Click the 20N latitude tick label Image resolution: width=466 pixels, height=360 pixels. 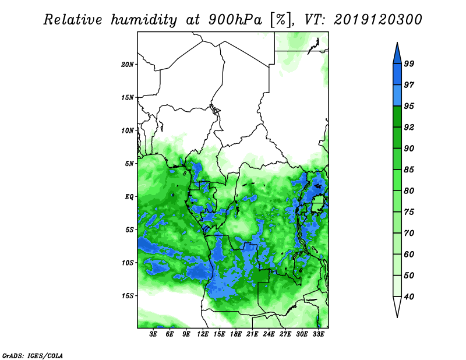[x=127, y=64]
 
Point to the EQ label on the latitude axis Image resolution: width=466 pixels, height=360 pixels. [x=129, y=197]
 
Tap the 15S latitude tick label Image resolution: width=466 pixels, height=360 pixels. [x=127, y=296]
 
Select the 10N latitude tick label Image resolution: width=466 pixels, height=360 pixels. [x=127, y=130]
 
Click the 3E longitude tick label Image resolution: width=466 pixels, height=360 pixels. [x=153, y=334]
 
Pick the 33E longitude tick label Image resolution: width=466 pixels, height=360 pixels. [x=318, y=334]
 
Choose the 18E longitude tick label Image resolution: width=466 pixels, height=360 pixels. [x=236, y=334]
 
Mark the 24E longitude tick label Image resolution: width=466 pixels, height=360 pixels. [x=269, y=334]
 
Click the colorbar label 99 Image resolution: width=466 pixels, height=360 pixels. [x=409, y=63]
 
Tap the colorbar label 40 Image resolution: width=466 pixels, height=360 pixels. [x=409, y=297]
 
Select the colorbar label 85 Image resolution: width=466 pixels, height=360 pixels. [x=409, y=170]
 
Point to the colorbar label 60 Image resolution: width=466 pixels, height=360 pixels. [x=409, y=254]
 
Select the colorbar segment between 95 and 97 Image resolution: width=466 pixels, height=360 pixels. [x=397, y=96]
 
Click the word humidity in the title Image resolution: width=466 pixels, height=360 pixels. [x=144, y=20]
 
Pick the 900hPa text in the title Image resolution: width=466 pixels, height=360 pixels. [x=235, y=20]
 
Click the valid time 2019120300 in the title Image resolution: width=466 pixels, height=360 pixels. [x=377, y=20]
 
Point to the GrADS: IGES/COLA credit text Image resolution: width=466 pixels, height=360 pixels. [x=33, y=355]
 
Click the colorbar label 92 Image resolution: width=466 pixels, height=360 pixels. [x=409, y=127]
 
